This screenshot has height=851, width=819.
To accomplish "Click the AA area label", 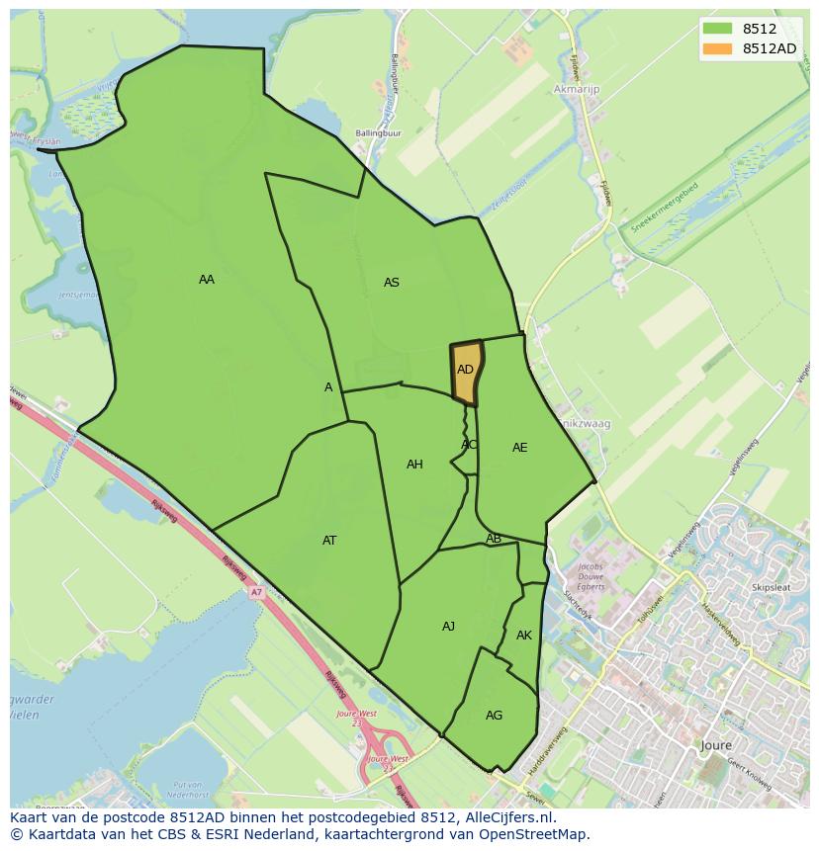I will [x=206, y=280].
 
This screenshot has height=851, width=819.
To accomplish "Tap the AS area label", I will [x=392, y=283].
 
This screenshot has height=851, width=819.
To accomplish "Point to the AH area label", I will [x=414, y=465].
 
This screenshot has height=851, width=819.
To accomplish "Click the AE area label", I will [x=520, y=448].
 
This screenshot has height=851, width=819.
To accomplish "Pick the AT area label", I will [x=329, y=541].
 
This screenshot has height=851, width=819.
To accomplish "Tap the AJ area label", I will [x=448, y=627].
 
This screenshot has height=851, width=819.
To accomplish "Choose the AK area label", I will [x=524, y=636].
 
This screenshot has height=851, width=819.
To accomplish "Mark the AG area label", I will [x=495, y=716].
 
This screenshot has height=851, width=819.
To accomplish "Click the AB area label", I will [x=494, y=539].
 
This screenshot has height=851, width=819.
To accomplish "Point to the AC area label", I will [x=469, y=445].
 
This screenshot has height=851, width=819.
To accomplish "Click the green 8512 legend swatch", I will [x=717, y=29].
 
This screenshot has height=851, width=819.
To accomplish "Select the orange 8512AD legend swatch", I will [x=717, y=48].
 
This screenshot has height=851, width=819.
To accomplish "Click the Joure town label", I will [x=715, y=745].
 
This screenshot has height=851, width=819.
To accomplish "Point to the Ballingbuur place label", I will [x=379, y=132].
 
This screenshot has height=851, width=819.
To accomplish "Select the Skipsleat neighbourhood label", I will [x=772, y=587].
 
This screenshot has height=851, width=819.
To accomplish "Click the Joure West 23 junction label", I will [x=357, y=717].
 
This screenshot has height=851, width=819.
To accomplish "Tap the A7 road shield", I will [x=256, y=592].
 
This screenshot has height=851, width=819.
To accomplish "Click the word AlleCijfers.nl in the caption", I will [x=510, y=817].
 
